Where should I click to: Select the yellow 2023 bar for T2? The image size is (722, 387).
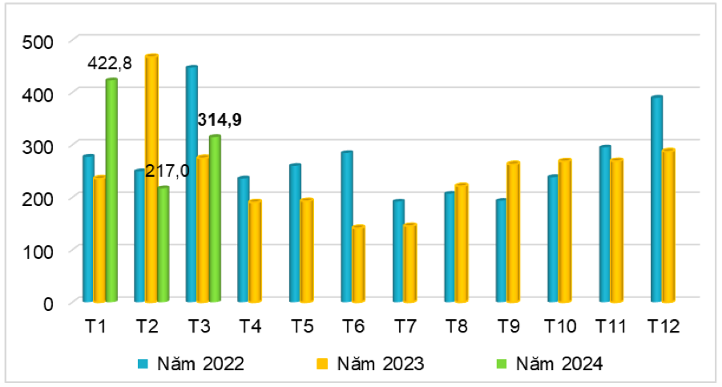pyautogui.click(x=151, y=178)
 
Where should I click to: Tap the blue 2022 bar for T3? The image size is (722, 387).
pyautogui.click(x=191, y=184)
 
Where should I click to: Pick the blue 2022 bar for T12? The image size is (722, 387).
pyautogui.click(x=656, y=200)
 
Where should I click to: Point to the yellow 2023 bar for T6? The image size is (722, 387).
pyautogui.click(x=358, y=264)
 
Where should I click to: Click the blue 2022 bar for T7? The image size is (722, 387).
pyautogui.click(x=398, y=252)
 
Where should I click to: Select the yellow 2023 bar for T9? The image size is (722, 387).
pyautogui.click(x=513, y=232)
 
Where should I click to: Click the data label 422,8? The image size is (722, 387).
pyautogui.click(x=110, y=63)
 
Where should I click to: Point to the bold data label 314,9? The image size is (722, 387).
pyautogui.click(x=220, y=120)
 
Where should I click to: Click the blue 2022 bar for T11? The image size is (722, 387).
pyautogui.click(x=605, y=224)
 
